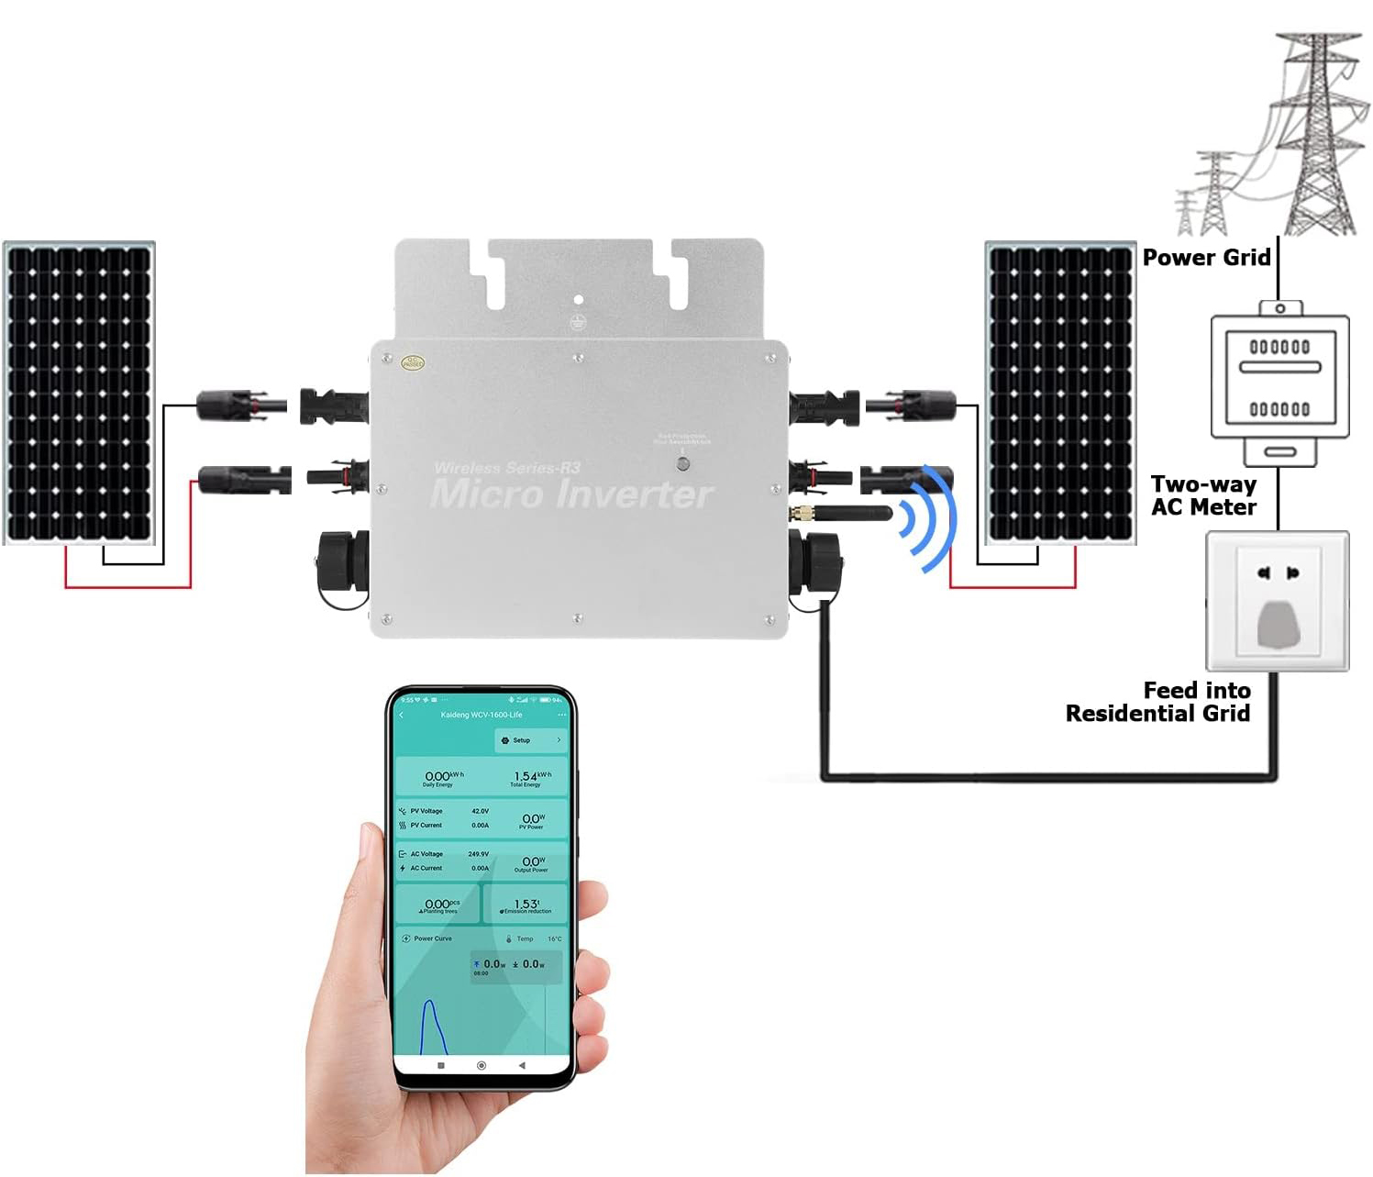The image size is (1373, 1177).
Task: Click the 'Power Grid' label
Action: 1205,258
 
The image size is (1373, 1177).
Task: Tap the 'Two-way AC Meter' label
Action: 1203,495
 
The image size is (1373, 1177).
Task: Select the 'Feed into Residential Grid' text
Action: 1158,702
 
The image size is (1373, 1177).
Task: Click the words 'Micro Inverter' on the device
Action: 570,494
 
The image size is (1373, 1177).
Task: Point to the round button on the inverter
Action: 682,463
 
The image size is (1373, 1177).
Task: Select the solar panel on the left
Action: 79,393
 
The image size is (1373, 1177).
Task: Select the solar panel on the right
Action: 1060,393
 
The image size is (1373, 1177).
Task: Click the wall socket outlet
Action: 1277,601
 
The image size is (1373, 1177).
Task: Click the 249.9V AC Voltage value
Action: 479,854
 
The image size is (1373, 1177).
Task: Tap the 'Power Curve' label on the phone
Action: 432,938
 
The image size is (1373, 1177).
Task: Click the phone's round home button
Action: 482,1066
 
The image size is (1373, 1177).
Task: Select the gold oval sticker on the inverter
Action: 413,363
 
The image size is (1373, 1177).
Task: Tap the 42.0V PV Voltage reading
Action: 480,811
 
